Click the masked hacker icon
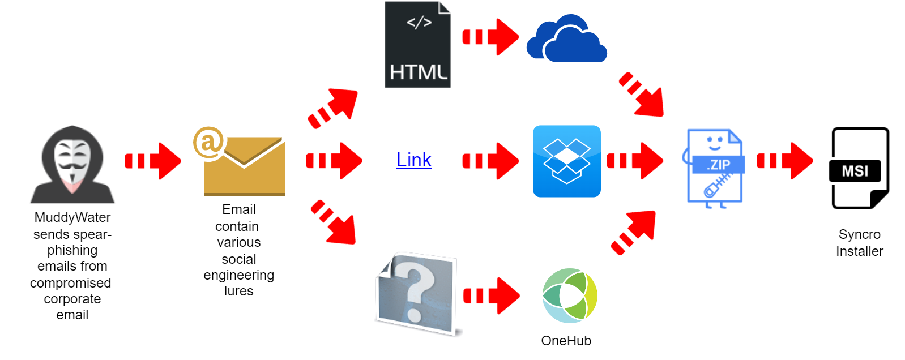72,164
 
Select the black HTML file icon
418,45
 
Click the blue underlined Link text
414,160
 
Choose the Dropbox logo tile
566,161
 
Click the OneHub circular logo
570,295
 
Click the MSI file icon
859,168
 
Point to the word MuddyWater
72,217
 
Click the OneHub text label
566,341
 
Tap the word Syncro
859,234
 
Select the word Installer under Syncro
859,251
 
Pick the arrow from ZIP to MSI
785,161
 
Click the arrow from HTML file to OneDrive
490,37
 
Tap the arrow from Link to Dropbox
490,161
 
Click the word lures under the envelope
238,291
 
